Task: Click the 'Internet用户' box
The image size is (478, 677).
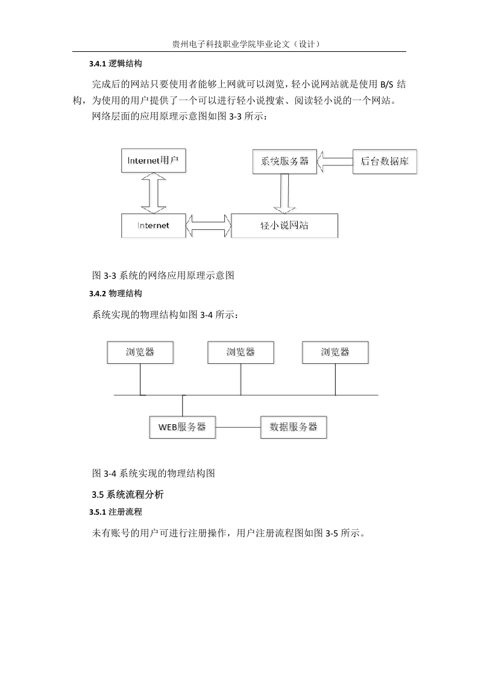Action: point(153,161)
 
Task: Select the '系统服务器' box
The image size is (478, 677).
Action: point(285,162)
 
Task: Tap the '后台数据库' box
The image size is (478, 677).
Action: point(385,162)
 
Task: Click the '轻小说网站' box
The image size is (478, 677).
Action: point(285,226)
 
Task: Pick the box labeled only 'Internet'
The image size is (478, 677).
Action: point(153,226)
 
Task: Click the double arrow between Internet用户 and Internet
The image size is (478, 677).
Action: point(154,193)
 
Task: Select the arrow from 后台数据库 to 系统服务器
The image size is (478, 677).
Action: point(335,162)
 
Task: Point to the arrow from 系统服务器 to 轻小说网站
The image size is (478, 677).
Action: point(284,194)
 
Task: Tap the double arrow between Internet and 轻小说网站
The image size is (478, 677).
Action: point(209,226)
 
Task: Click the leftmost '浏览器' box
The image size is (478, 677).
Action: point(140,352)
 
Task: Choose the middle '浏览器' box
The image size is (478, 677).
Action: point(241,352)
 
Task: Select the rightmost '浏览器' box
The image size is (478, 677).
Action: point(335,352)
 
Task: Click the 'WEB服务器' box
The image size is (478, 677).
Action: point(183,427)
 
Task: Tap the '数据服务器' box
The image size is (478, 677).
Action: point(294,427)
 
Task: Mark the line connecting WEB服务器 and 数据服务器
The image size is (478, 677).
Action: point(238,427)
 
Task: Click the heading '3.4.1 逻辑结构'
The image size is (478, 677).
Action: point(116,64)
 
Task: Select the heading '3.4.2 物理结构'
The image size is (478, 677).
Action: point(116,294)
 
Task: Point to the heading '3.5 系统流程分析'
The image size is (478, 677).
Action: point(128,494)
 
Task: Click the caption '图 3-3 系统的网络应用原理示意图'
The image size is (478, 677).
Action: point(163,275)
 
